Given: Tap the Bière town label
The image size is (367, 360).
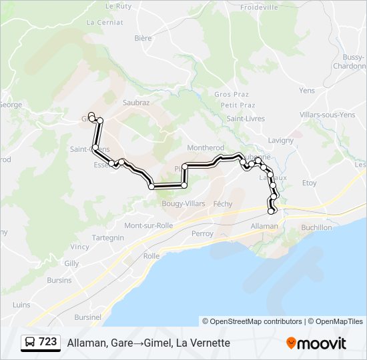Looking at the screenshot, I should pos(143,39).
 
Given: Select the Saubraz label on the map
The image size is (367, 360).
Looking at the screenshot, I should pos(136,103).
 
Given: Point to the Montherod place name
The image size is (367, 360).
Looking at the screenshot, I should pos(206,148).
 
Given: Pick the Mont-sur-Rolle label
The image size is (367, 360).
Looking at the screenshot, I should pos(149,225).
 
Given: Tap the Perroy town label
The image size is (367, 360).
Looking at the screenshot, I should pos(202,234).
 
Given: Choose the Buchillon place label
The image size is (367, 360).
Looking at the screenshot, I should pos(316,227).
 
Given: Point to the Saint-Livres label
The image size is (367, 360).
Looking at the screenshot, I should pos(246,119).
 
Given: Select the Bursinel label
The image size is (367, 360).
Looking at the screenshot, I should pos(88,317).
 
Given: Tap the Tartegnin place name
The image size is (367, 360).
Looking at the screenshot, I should pos(108,237).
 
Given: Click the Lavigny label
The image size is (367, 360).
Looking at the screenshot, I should pos(280,141).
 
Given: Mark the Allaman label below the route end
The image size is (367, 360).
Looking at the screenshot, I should pos(264,227).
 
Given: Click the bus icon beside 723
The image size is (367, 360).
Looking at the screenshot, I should pos(30,342).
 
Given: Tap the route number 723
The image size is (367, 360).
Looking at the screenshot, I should pos(48,342).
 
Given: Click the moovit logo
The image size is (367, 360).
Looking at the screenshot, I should pos(316,343).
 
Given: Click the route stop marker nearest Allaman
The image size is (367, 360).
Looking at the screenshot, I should pos(272,211).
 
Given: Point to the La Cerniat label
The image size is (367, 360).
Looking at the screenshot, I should pos(105,22).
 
